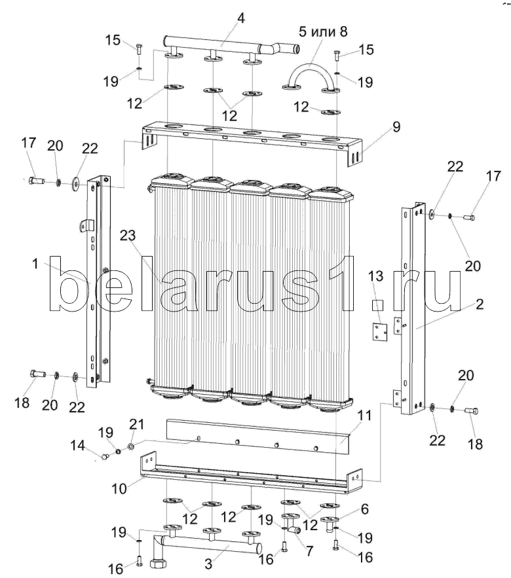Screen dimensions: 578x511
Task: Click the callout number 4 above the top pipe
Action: (x=241, y=18)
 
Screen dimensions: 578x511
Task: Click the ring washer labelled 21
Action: (x=132, y=446)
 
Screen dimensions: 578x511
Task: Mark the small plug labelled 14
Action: (x=104, y=456)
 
